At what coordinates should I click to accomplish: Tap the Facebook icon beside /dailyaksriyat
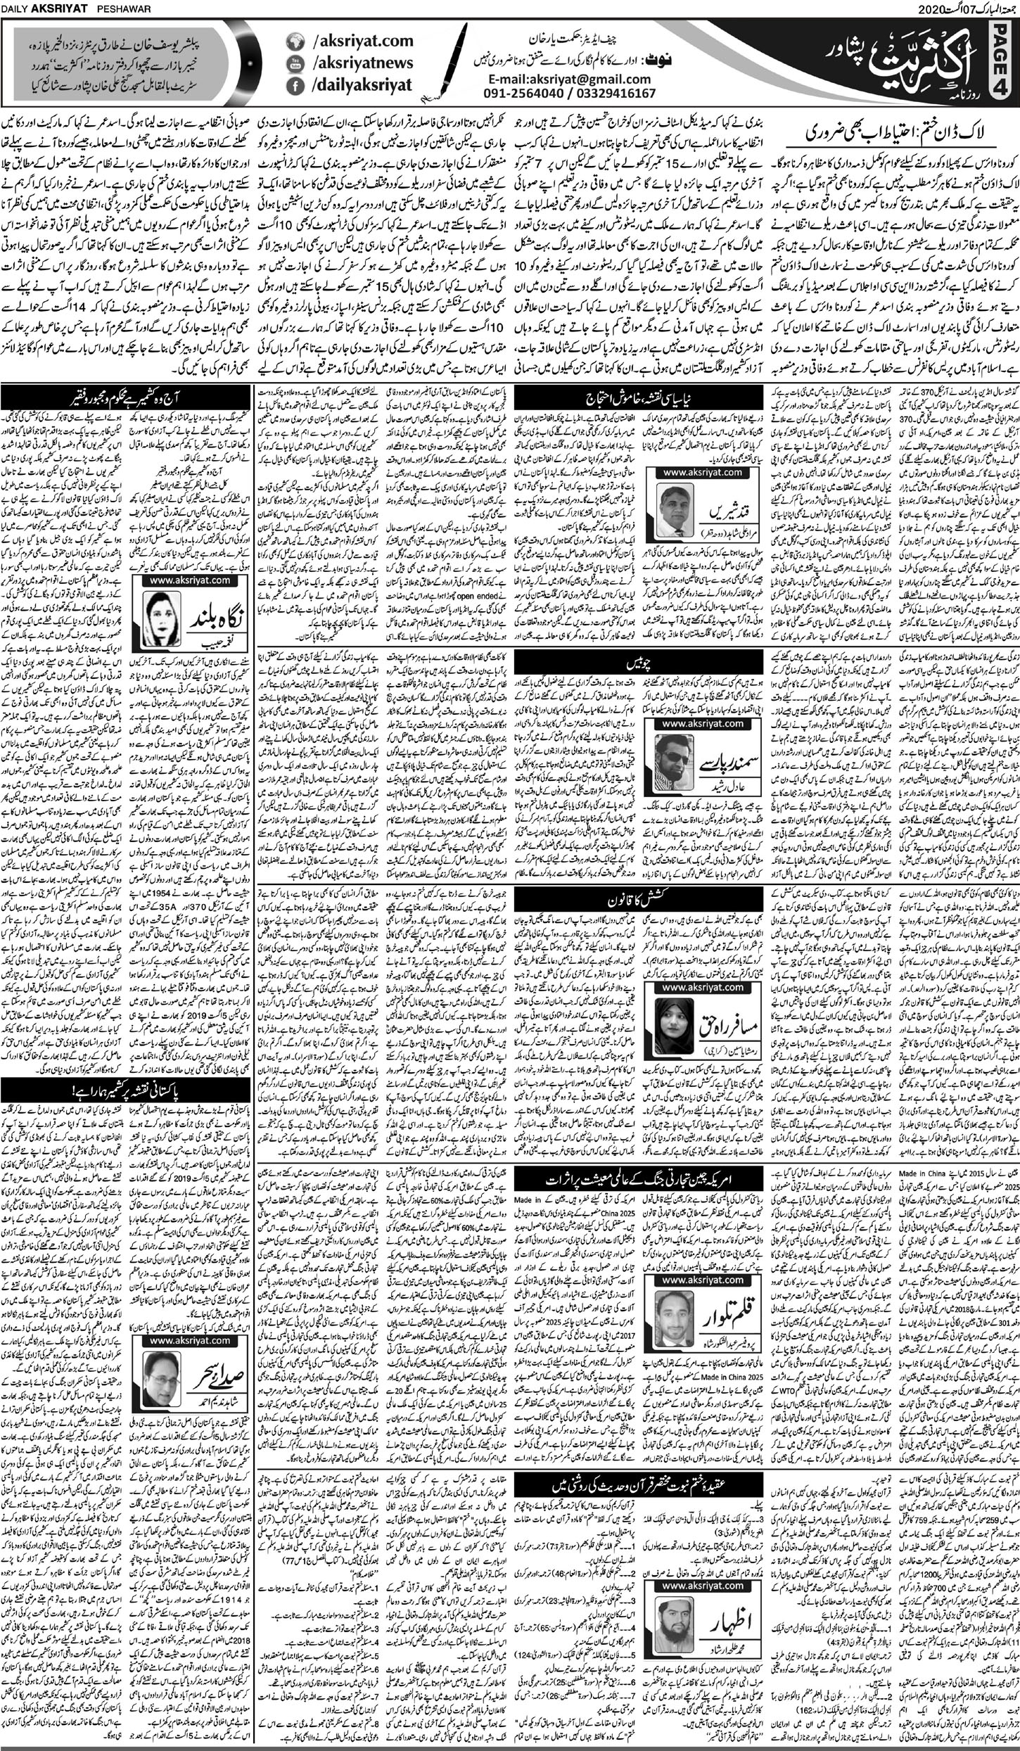point(291,86)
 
